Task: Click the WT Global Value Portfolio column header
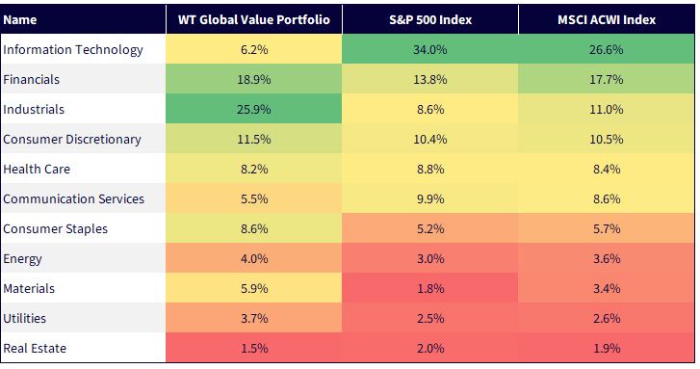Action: (253, 19)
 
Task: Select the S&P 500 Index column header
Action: (430, 19)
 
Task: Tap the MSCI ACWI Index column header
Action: (607, 19)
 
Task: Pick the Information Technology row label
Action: (73, 49)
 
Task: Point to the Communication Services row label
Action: (74, 198)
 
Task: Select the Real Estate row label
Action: (35, 348)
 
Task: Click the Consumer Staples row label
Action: (55, 228)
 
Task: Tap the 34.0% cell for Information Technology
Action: (430, 49)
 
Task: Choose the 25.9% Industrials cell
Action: (253, 109)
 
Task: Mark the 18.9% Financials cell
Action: (253, 80)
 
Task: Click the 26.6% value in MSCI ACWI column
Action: (607, 49)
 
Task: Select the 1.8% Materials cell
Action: (430, 288)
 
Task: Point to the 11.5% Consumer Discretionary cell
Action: (253, 139)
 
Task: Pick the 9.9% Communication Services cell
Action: (430, 198)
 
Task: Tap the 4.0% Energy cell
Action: (254, 258)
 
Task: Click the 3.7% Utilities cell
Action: (254, 318)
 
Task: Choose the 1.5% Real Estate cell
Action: (254, 348)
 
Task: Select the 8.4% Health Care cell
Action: (607, 169)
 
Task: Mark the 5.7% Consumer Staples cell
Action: (607, 228)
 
